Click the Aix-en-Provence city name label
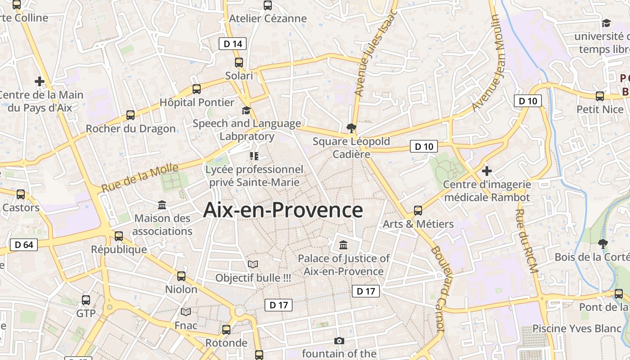(283, 210)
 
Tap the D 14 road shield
(233, 44)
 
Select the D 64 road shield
(24, 245)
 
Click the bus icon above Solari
(238, 63)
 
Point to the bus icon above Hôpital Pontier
(197, 89)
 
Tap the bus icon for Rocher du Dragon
(130, 115)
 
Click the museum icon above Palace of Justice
(343, 245)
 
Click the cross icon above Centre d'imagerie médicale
(486, 171)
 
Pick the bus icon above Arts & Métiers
(418, 211)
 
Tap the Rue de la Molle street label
(140, 178)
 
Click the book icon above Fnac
(186, 312)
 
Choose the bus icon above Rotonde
(226, 330)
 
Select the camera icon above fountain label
(339, 341)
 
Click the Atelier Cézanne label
(268, 18)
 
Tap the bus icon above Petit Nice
(600, 96)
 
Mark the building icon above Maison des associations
(162, 205)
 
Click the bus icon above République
(119, 236)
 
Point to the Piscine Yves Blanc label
(577, 328)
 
